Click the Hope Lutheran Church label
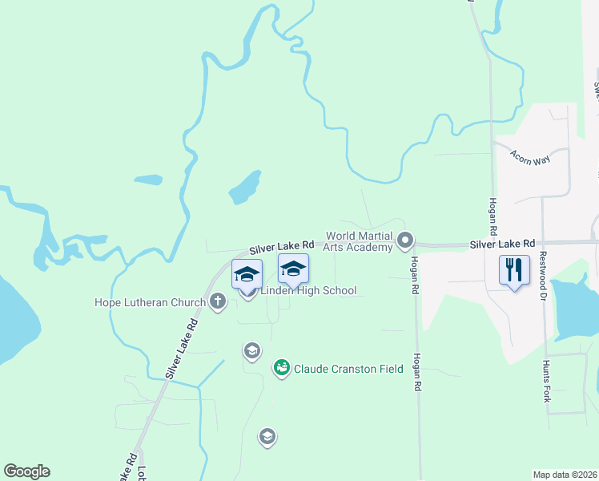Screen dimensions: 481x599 pyautogui.click(x=150, y=302)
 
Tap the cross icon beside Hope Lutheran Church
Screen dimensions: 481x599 pyautogui.click(x=217, y=301)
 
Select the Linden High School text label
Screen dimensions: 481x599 pyautogui.click(x=308, y=290)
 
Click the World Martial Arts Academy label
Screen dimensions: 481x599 pyautogui.click(x=359, y=241)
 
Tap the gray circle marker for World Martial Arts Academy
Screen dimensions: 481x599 pyautogui.click(x=405, y=240)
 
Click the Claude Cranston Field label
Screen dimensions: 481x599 pyautogui.click(x=348, y=370)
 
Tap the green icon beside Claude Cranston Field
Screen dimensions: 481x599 pyautogui.click(x=281, y=368)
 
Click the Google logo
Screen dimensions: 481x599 pyautogui.click(x=26, y=471)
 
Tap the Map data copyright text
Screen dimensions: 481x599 pyautogui.click(x=565, y=475)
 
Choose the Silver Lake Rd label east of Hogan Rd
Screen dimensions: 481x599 pyautogui.click(x=502, y=243)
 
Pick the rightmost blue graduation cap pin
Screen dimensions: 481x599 pyautogui.click(x=293, y=269)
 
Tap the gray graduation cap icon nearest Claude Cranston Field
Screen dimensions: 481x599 pyautogui.click(x=252, y=350)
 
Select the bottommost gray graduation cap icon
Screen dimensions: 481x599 pyautogui.click(x=267, y=437)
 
